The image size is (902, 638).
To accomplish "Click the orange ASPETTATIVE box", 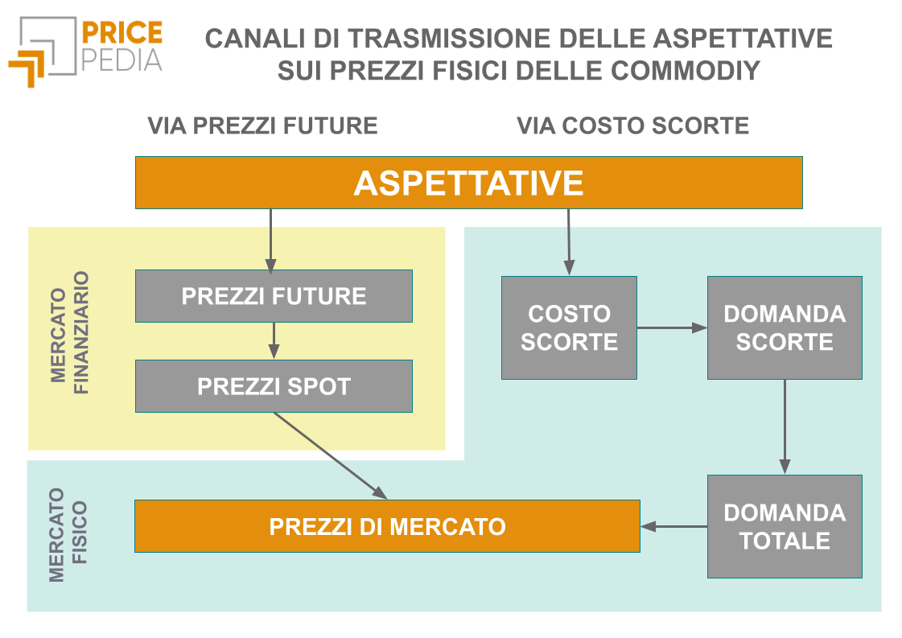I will point(468,183).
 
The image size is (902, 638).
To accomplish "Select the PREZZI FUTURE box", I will point(274,296).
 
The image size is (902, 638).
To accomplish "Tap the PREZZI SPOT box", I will point(274,386).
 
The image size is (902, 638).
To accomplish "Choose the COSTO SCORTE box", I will point(569,327).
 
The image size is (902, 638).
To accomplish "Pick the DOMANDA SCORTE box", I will point(785,327).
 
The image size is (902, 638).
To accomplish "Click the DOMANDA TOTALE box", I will point(785,526).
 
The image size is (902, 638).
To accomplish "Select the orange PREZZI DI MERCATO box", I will point(387,526).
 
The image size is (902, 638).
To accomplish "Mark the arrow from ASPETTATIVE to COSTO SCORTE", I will point(569,241).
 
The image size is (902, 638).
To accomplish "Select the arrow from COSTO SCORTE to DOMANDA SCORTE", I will point(672,327).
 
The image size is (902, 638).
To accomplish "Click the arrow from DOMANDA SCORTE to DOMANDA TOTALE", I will point(785,426).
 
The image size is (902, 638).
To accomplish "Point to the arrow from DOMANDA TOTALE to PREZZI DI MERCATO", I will point(673,527).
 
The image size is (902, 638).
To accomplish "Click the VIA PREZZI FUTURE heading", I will point(262,126).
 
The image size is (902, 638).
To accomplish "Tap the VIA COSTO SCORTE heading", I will point(632,126).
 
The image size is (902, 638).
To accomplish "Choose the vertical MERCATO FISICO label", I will point(68,534).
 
